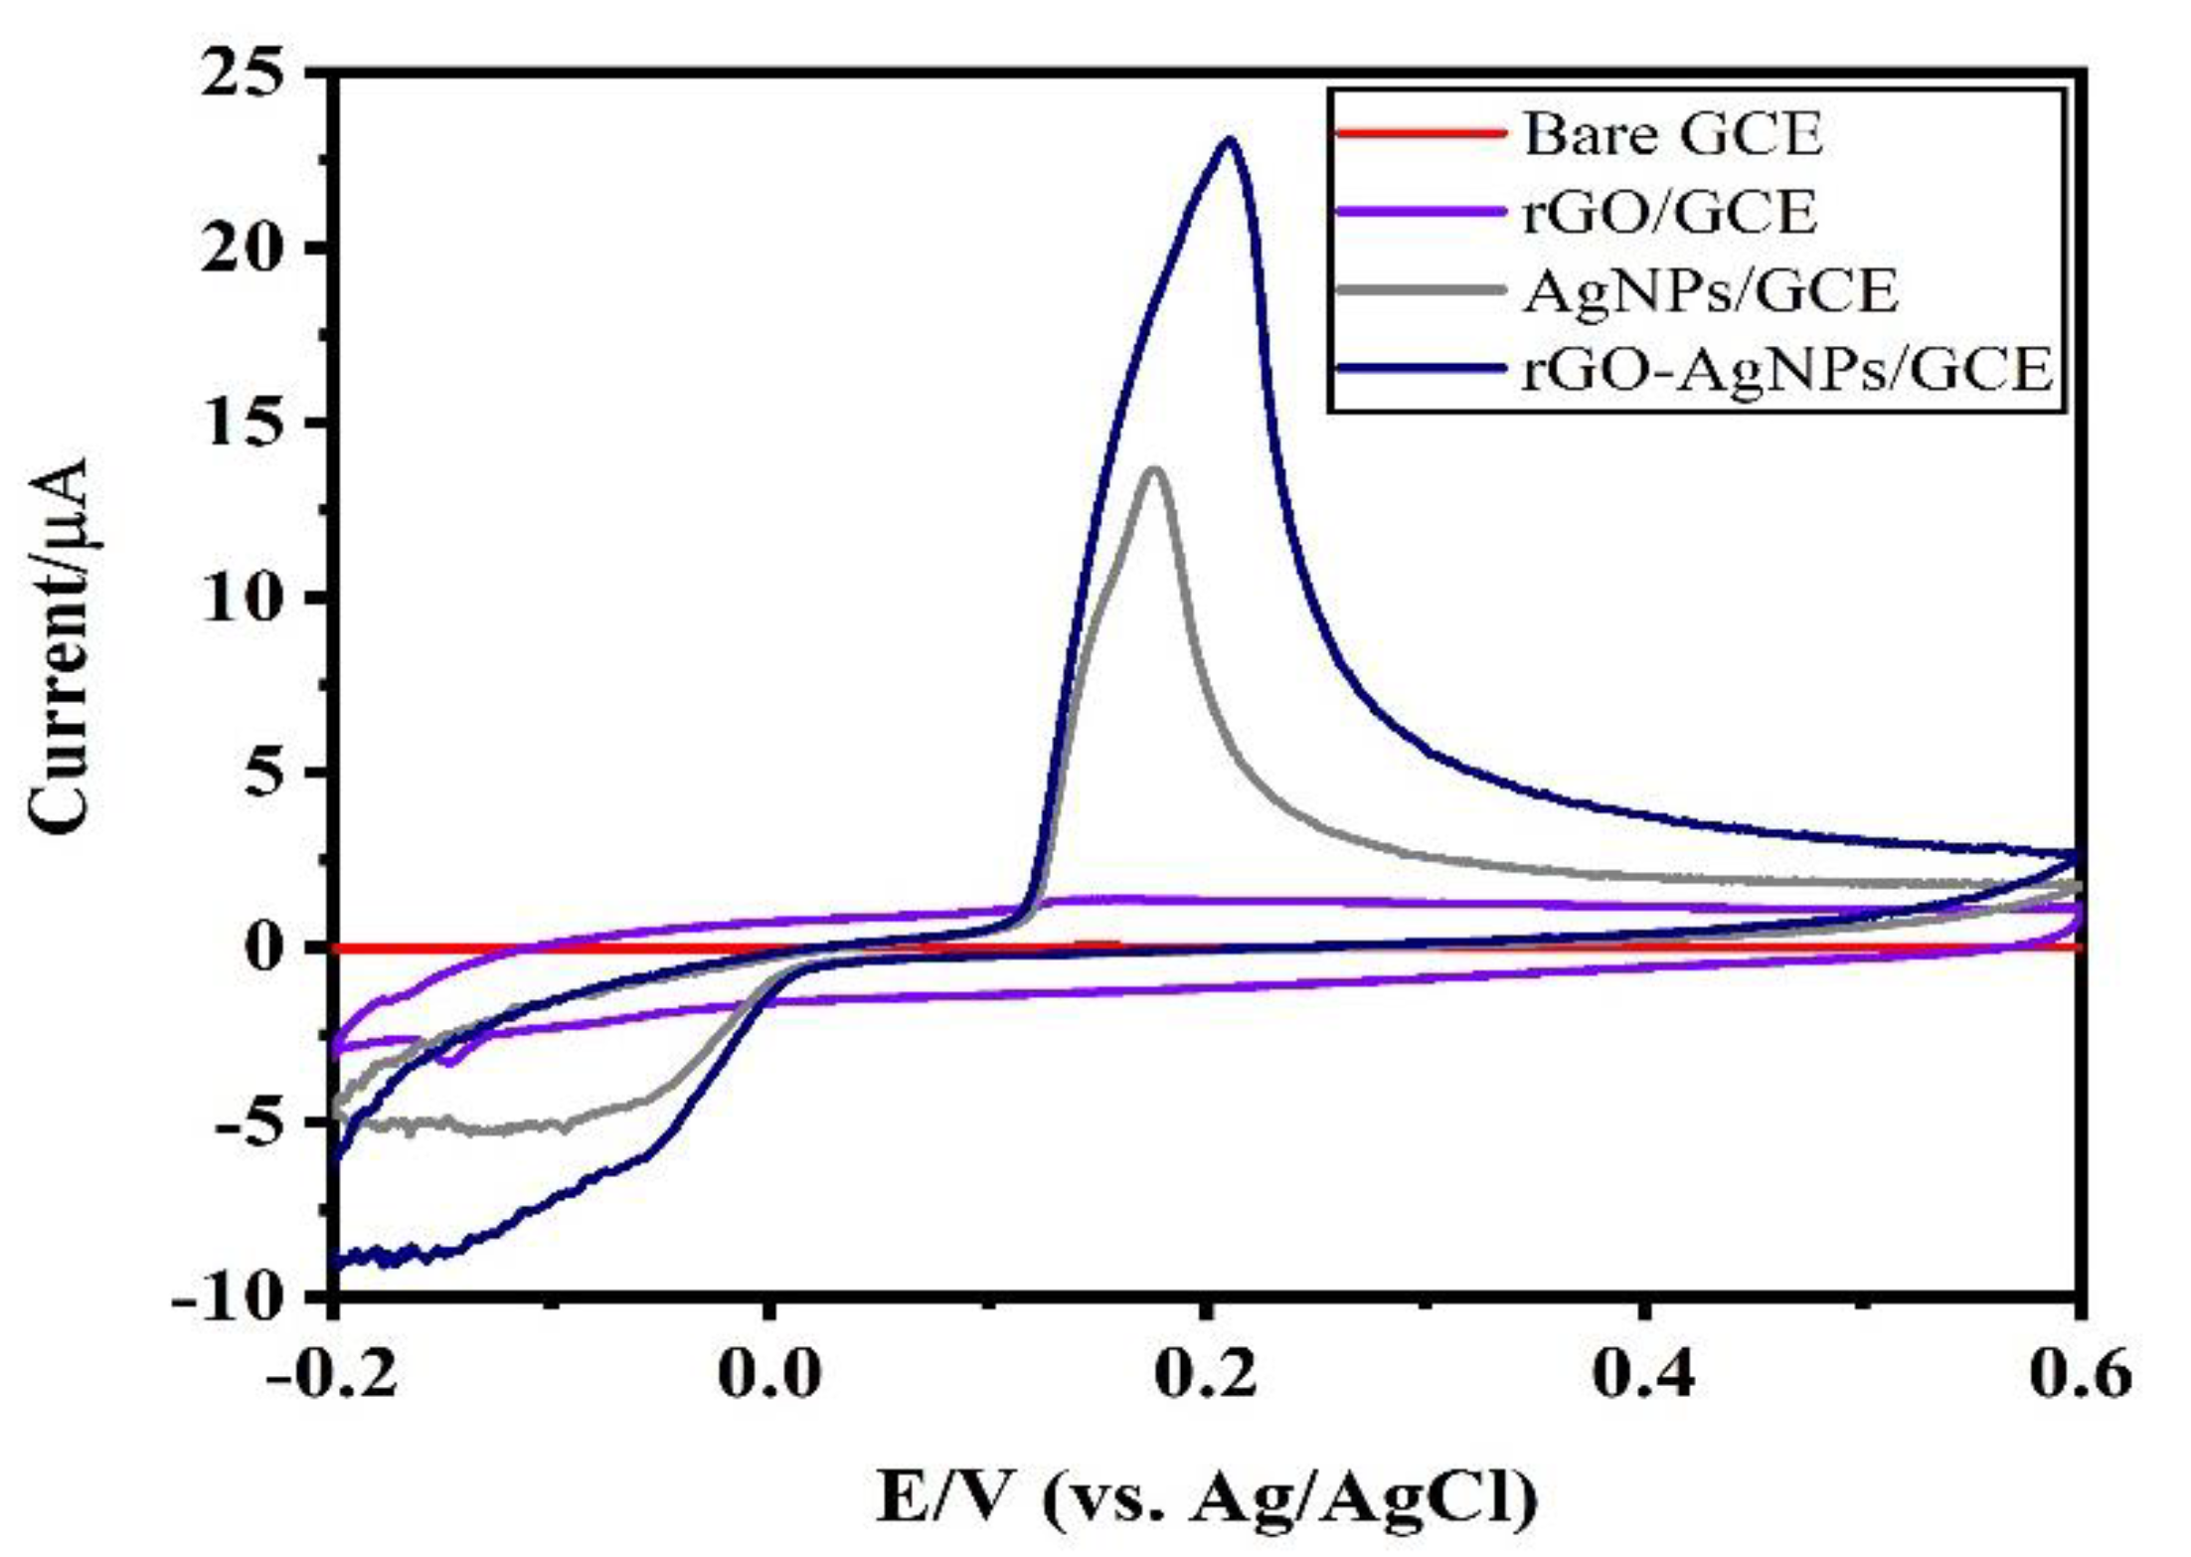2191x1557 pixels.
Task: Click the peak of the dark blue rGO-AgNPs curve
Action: pyautogui.click(x=1230, y=140)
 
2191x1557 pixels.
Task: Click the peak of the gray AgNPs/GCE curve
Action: pyautogui.click(x=1154, y=469)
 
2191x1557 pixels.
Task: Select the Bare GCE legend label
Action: pyautogui.click(x=1673, y=135)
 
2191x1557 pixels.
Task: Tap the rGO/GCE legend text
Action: pyautogui.click(x=1669, y=213)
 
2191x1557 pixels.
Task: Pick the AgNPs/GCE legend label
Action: pyautogui.click(x=1710, y=291)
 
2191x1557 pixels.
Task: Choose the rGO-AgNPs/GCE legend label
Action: pyautogui.click(x=1787, y=370)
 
